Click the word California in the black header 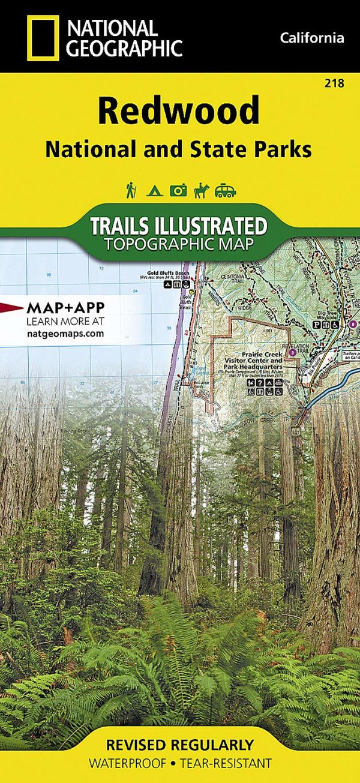[x=312, y=38]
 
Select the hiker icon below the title [x=130, y=190]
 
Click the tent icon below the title [x=154, y=191]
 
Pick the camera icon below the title [x=178, y=191]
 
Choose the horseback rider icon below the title [x=200, y=190]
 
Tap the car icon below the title [x=225, y=191]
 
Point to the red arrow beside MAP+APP [x=12, y=308]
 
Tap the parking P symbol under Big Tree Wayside [x=316, y=325]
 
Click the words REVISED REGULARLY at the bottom [x=180, y=745]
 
